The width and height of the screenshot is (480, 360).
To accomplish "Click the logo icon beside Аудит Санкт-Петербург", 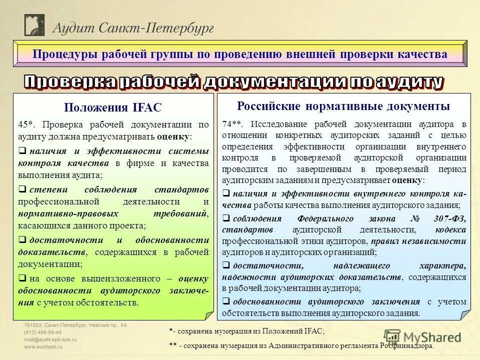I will [x=34, y=25].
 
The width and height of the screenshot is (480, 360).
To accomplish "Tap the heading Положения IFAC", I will [x=113, y=107].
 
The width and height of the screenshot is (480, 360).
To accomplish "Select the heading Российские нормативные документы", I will [x=343, y=106].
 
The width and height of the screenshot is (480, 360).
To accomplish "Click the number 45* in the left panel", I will [x=26, y=125].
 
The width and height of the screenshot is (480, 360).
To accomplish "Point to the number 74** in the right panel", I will [x=232, y=124].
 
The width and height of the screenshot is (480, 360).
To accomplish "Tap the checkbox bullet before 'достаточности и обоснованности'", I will [x=22, y=240].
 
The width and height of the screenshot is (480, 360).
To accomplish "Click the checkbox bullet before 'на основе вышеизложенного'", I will [x=22, y=278].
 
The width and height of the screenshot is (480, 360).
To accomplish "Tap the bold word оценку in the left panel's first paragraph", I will [x=172, y=136].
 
